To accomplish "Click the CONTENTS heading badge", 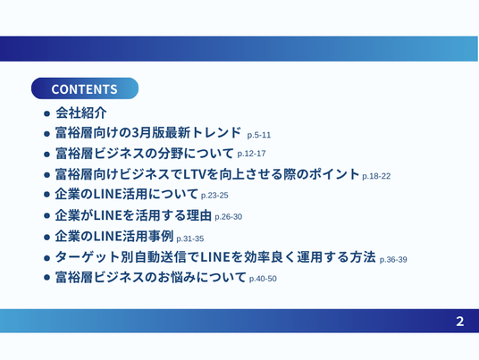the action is (85, 88).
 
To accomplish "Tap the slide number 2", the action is (459, 322).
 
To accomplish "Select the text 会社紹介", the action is (81, 113).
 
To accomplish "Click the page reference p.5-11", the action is (259, 135).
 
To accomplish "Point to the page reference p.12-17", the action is (251, 154).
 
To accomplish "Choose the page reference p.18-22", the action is (376, 176).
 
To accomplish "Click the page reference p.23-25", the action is (214, 196).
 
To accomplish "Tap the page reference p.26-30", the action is (228, 217).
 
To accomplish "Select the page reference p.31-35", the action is (190, 239).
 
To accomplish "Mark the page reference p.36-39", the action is (393, 260).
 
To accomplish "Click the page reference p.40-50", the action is (263, 279).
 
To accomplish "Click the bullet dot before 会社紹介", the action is (46, 113).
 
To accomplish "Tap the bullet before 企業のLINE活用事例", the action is (46, 237).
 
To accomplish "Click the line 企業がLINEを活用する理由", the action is (133, 215).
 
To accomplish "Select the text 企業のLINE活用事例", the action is (114, 236).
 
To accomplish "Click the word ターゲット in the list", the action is (88, 257).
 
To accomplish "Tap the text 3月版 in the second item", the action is (147, 132).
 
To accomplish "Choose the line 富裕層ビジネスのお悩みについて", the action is (151, 277).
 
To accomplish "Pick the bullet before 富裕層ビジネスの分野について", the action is (46, 155).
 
